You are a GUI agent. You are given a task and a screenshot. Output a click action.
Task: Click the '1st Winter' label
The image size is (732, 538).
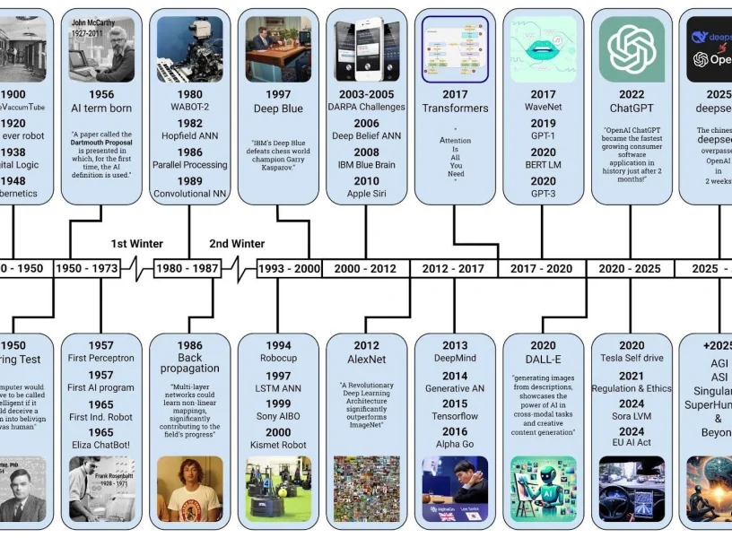pyautogui.click(x=137, y=244)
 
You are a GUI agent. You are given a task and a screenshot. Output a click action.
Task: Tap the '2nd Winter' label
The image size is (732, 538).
pyautogui.click(x=237, y=244)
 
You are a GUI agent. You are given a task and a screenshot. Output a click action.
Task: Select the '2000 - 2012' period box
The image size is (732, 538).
pyautogui.click(x=365, y=268)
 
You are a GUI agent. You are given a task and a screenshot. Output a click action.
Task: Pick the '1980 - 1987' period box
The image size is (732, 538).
pyautogui.click(x=187, y=268)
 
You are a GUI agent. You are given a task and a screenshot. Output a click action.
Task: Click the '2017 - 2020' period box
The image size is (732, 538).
pyautogui.click(x=541, y=268)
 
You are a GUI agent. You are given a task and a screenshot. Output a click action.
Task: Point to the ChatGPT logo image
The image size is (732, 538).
pyautogui.click(x=632, y=50)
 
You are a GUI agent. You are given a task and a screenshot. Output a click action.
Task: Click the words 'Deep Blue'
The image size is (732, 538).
pyautogui.click(x=278, y=108)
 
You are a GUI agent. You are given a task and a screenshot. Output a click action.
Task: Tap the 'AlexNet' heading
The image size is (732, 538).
pyautogui.click(x=366, y=360)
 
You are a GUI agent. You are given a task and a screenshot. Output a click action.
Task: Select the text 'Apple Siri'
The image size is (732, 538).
pyautogui.click(x=366, y=194)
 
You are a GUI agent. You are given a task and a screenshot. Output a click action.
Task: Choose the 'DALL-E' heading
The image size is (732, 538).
pyautogui.click(x=543, y=360)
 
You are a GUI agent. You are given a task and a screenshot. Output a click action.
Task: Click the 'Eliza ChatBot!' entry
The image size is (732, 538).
pyautogui.click(x=100, y=446)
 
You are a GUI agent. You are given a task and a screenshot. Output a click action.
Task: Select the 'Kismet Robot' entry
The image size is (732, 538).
pyautogui.click(x=278, y=446)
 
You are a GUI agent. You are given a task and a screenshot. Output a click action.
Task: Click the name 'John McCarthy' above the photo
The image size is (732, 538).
pyautogui.click(x=93, y=22)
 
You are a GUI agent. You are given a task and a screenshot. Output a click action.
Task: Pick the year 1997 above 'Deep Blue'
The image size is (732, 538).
pyautogui.click(x=278, y=94)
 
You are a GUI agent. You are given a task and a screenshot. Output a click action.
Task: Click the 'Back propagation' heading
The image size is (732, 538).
pyautogui.click(x=189, y=363)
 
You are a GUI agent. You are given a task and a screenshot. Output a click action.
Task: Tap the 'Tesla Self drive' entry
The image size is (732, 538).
pyautogui.click(x=632, y=359)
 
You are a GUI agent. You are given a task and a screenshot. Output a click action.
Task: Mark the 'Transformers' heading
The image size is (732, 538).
pyautogui.click(x=455, y=108)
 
